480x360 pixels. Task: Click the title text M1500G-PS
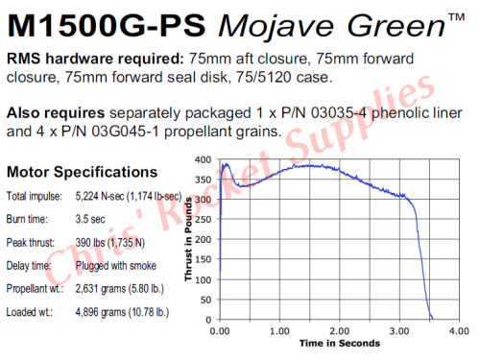click(x=101, y=22)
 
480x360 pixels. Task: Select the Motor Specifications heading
click(x=83, y=173)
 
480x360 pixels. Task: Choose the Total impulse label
click(x=35, y=197)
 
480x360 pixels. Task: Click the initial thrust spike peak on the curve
click(x=226, y=164)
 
